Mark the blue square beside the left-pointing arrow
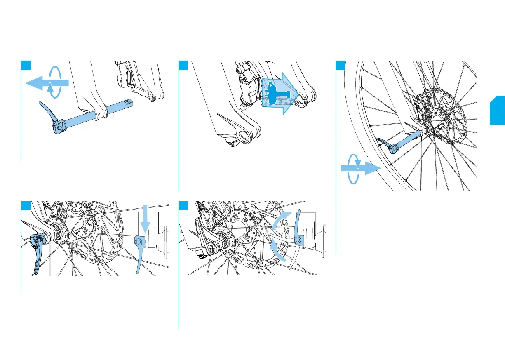click(26, 65)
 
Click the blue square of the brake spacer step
click(183, 65)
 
